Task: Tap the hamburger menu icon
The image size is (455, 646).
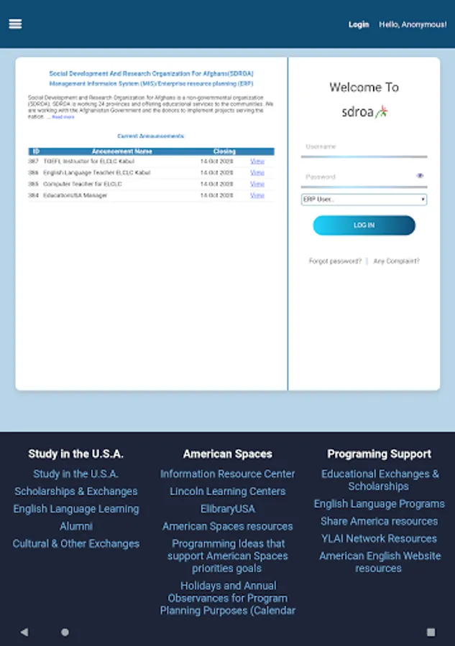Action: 15,24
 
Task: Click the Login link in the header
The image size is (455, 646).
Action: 359,24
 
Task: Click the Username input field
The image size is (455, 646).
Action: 364,147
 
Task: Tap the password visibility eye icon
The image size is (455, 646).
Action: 420,176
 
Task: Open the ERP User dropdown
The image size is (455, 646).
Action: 364,199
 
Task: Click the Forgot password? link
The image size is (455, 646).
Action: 335,261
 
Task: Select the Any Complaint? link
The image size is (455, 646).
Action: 396,261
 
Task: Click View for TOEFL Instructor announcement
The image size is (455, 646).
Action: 257,161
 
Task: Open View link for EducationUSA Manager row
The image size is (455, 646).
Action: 257,195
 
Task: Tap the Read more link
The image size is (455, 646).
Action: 63,117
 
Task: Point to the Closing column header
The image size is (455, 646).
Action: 224,151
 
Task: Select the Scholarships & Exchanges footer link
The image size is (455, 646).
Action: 75,492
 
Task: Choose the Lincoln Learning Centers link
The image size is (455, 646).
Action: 227,492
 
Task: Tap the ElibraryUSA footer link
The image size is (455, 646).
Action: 227,509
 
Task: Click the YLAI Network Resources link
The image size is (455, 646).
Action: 379,538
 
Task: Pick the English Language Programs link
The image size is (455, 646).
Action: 379,504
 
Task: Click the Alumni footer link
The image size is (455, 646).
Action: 75,526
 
